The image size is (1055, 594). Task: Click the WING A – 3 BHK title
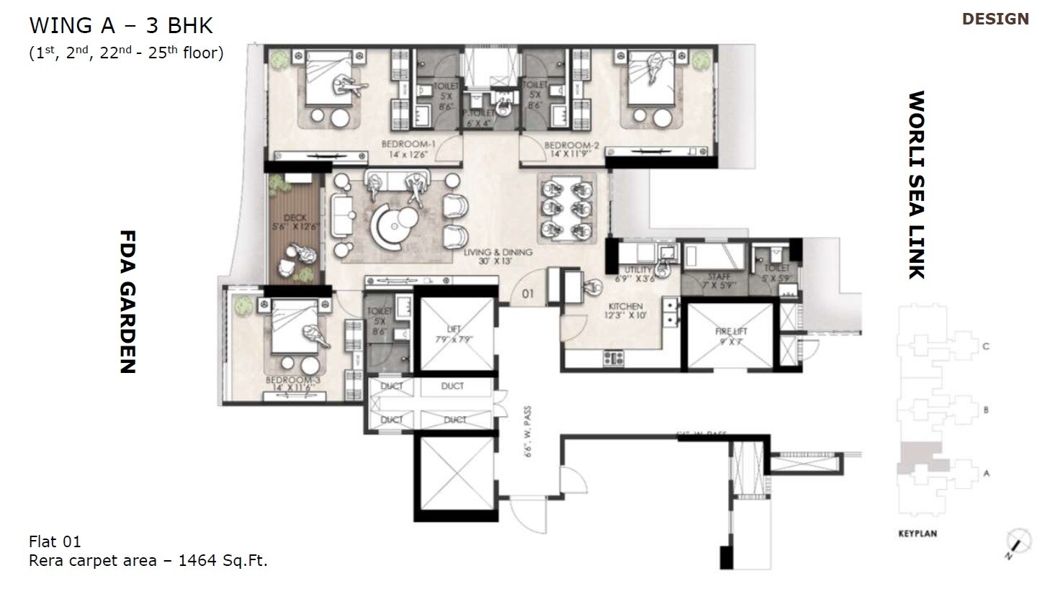coord(121,26)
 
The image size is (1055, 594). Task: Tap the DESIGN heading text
coord(995,19)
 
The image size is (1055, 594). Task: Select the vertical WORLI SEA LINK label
coord(915,184)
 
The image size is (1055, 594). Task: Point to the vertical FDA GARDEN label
coord(127,302)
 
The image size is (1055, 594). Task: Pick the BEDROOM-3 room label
coord(292,380)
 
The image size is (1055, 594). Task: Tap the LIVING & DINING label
coord(498,253)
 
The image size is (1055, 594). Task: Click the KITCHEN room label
coord(624,306)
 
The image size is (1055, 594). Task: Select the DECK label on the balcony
coord(295,218)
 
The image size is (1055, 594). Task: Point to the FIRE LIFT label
coord(731,331)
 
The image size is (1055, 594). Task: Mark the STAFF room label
coord(719,276)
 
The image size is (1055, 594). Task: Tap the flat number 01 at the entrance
coord(528,294)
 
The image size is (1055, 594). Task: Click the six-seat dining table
coord(567,210)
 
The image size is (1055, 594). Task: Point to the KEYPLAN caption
coord(917,534)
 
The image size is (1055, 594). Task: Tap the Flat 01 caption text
coord(55,541)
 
